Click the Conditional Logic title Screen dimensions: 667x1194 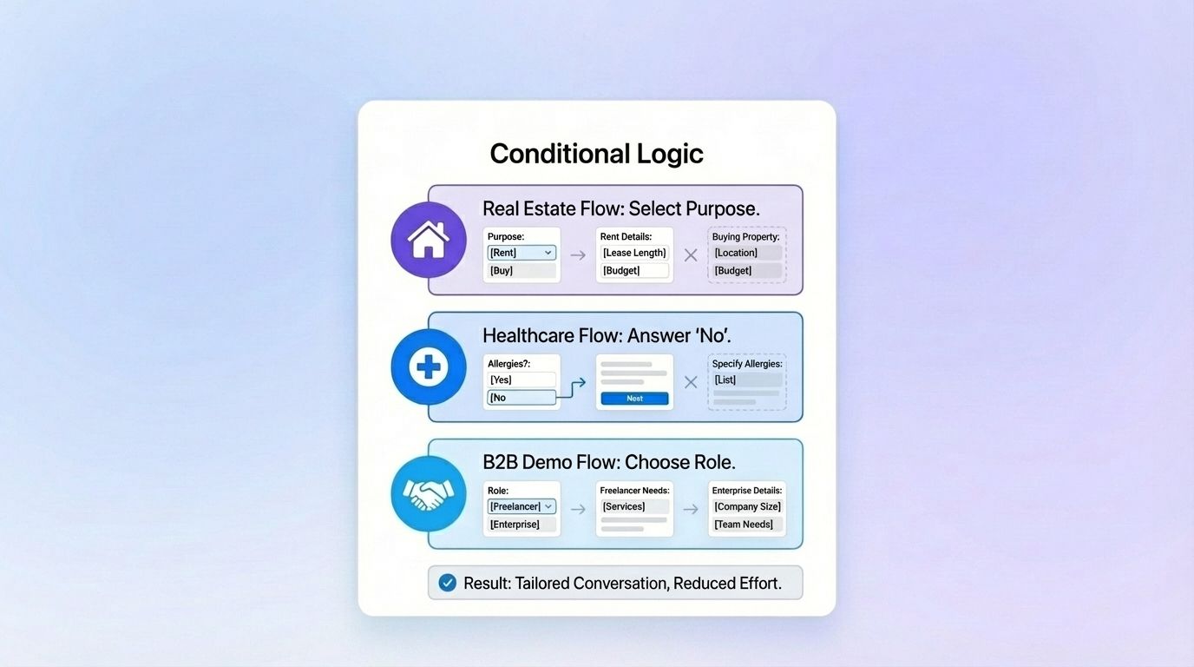(x=596, y=154)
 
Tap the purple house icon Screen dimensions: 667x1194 (x=428, y=240)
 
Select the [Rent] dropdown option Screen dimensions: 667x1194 (x=522, y=253)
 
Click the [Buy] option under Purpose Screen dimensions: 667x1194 (x=522, y=271)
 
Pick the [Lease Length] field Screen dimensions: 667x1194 (x=634, y=253)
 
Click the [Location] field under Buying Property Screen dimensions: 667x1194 (x=747, y=253)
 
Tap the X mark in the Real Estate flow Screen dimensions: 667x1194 (x=691, y=255)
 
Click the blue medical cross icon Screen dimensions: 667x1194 (x=428, y=367)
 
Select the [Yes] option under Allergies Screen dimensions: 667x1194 (x=522, y=380)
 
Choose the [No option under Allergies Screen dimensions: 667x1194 (x=522, y=398)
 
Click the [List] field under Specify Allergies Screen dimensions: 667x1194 (x=747, y=380)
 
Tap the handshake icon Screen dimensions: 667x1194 (x=428, y=494)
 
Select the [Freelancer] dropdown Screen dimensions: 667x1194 (x=522, y=506)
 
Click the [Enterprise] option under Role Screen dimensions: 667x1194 (x=522, y=525)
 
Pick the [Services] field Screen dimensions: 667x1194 (x=634, y=506)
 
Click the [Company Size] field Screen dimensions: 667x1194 (x=747, y=506)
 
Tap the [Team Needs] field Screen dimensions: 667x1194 (x=747, y=525)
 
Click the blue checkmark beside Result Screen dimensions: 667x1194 (x=447, y=583)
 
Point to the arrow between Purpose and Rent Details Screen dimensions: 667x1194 (x=578, y=255)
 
